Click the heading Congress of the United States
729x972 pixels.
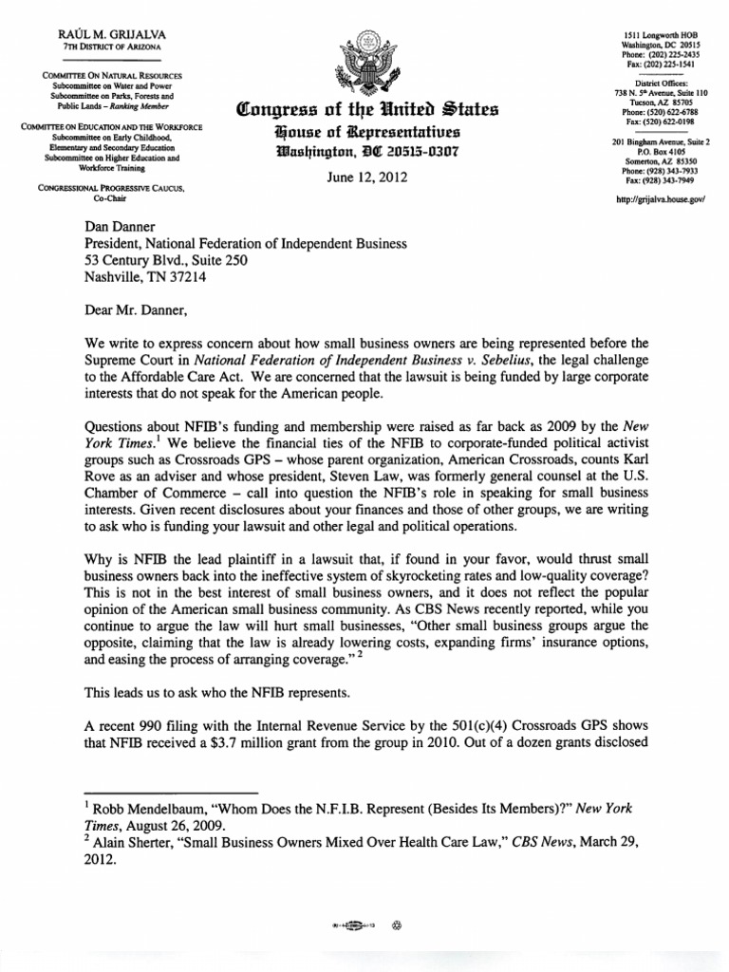click(364, 111)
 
